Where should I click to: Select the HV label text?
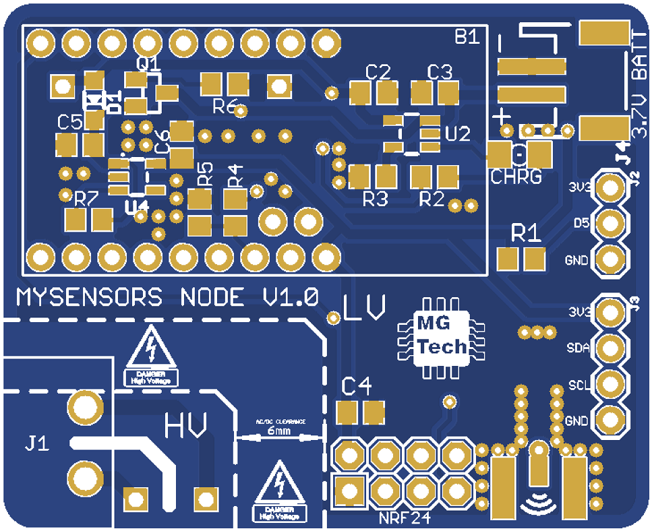point(185,425)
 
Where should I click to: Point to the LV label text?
point(365,308)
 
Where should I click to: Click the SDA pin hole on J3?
point(611,348)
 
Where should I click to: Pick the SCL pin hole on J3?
point(611,385)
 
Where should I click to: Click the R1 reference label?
point(525,234)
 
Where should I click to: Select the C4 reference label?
point(357,387)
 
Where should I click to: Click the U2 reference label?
point(458,134)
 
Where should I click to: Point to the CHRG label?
point(516,178)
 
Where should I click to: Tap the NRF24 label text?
point(404,519)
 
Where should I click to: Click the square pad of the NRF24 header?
point(349,490)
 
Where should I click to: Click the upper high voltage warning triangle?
point(152,348)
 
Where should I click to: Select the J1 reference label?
point(37,444)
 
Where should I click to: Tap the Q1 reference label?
point(148,64)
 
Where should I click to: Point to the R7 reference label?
point(86,199)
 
